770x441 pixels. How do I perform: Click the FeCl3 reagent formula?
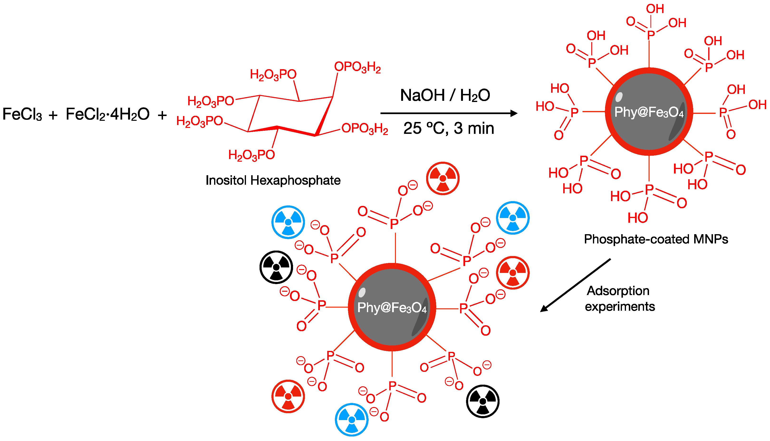(x=22, y=115)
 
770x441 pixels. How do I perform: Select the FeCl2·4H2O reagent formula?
(x=107, y=115)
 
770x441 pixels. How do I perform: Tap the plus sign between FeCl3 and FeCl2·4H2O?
(x=53, y=115)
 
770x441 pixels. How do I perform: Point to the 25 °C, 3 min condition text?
(x=448, y=128)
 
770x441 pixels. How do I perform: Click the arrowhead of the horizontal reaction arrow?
(x=514, y=113)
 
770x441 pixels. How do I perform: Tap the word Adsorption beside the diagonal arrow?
(x=618, y=291)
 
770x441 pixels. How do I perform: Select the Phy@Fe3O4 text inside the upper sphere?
(x=649, y=112)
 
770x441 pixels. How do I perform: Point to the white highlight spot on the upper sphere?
(x=619, y=97)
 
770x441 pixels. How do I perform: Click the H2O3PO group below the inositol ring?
(x=251, y=155)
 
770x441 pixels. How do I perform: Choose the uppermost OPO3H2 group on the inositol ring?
(x=357, y=67)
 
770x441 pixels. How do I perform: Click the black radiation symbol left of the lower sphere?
(x=276, y=267)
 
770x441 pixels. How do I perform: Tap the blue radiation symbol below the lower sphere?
(x=351, y=420)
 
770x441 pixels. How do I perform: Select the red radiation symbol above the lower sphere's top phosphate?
(x=443, y=178)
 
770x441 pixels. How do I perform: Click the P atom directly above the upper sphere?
(x=651, y=35)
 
